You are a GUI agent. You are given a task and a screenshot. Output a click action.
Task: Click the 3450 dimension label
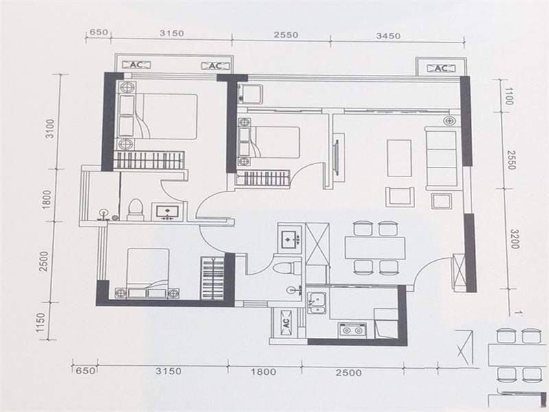pyautogui.click(x=388, y=36)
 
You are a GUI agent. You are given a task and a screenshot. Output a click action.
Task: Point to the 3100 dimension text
pyautogui.click(x=51, y=128)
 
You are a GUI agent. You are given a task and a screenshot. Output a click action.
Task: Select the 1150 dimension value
pyautogui.click(x=40, y=322)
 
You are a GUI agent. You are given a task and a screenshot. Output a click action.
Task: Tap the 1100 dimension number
pyautogui.click(x=508, y=96)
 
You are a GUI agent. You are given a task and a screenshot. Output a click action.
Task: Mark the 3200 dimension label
pyautogui.click(x=514, y=239)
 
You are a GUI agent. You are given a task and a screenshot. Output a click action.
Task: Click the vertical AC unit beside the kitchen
pyautogui.click(x=285, y=322)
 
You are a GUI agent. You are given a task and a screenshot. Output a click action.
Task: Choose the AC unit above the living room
pyautogui.click(x=441, y=68)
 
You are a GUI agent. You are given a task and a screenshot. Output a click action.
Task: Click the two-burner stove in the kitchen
pyautogui.click(x=352, y=330)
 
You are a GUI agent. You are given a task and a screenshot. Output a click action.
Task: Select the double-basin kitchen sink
pyautogui.click(x=317, y=303)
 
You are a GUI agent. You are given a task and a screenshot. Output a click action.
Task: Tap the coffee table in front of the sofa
pyautogui.click(x=399, y=158)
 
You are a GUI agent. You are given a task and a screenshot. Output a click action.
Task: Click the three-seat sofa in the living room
pyautogui.click(x=441, y=159)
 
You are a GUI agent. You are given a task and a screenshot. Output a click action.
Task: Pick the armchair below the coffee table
pyautogui.click(x=400, y=196)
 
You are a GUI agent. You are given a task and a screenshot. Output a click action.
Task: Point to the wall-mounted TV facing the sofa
pyautogui.click(x=337, y=158)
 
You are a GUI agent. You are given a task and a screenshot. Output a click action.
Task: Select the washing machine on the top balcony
pyautogui.click(x=250, y=94)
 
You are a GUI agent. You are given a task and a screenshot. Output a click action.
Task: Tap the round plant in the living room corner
pyautogui.click(x=449, y=121)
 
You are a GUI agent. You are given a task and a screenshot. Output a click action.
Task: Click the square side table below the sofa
pyautogui.click(x=441, y=201)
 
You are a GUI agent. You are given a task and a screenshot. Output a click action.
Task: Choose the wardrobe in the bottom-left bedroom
pyautogui.click(x=213, y=278)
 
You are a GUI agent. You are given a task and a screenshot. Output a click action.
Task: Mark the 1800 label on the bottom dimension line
pyautogui.click(x=263, y=371)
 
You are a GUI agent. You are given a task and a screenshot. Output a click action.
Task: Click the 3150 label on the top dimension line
pyautogui.click(x=172, y=33)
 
